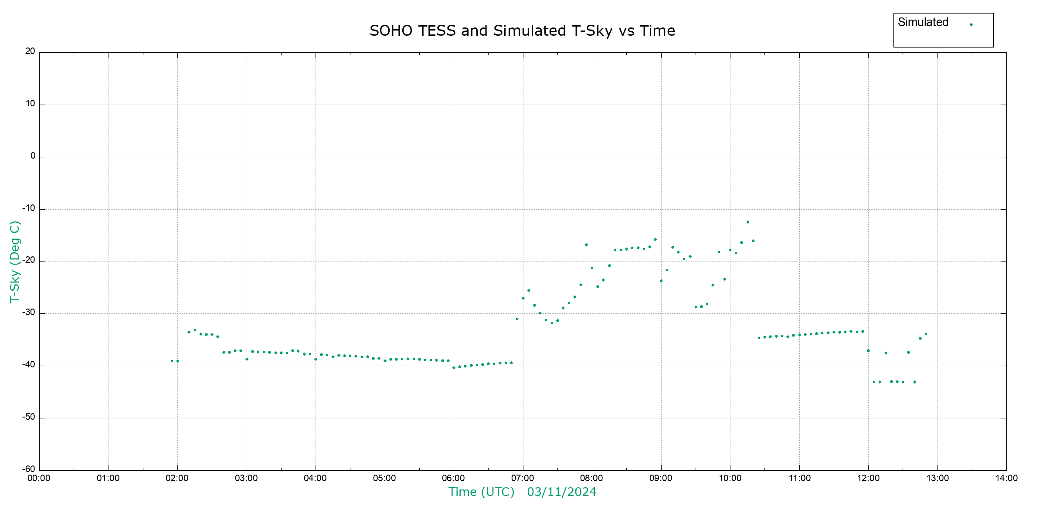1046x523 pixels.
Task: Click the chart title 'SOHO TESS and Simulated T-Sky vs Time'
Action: pyautogui.click(x=522, y=31)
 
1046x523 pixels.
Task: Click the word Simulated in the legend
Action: pyautogui.click(x=923, y=23)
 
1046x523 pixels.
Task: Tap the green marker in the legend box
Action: pyautogui.click(x=971, y=25)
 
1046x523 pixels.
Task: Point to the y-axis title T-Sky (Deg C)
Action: pyautogui.click(x=15, y=261)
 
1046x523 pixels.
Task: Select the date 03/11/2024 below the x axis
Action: pyautogui.click(x=561, y=492)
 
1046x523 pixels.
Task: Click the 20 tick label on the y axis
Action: pyautogui.click(x=30, y=51)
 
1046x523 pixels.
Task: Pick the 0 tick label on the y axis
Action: pyautogui.click(x=33, y=156)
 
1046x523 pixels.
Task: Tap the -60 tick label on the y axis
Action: pyautogui.click(x=29, y=469)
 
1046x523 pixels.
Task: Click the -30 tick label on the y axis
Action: pyautogui.click(x=29, y=312)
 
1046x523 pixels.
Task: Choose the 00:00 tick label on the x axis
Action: pyautogui.click(x=39, y=478)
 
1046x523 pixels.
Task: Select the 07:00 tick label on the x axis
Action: pyautogui.click(x=523, y=478)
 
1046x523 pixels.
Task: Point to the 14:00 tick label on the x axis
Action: pyautogui.click(x=1006, y=478)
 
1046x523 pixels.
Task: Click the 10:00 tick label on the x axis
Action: pyautogui.click(x=730, y=478)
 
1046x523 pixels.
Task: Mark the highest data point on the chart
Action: pyautogui.click(x=747, y=222)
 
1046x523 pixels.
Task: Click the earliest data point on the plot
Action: pyautogui.click(x=172, y=361)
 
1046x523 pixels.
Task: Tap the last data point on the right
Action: pyautogui.click(x=926, y=334)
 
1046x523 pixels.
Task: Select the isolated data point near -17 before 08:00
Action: pyautogui.click(x=586, y=245)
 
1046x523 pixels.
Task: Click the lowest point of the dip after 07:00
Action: pyautogui.click(x=552, y=323)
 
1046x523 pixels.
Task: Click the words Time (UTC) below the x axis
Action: pyautogui.click(x=481, y=492)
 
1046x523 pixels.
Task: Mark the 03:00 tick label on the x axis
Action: pyautogui.click(x=246, y=478)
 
